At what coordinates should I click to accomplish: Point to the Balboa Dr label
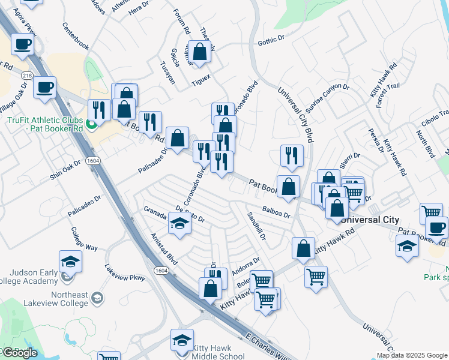276,211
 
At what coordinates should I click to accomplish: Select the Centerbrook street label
76,37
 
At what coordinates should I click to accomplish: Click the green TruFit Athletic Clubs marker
91,125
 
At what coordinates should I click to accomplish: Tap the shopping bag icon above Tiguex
200,51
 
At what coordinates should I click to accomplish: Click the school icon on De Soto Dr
179,223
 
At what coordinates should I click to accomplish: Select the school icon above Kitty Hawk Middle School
182,340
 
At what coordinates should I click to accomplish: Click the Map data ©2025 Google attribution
412,355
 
